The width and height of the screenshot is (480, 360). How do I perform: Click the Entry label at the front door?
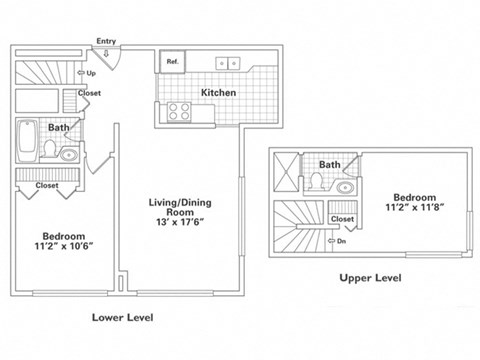pos(106,41)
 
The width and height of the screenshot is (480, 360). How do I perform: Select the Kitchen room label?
pos(218,92)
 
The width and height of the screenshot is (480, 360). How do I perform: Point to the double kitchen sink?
pos(228,61)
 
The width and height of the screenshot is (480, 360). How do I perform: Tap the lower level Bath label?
pos(58,128)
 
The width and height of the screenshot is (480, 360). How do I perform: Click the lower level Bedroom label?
pos(62,235)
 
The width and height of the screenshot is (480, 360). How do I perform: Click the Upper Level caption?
pos(370,277)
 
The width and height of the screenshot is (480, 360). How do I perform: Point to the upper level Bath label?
pos(328,165)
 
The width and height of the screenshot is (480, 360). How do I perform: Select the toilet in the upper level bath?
pos(316,182)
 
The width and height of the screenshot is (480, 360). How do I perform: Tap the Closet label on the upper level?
pos(342,218)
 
